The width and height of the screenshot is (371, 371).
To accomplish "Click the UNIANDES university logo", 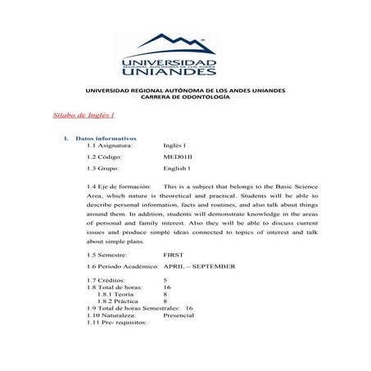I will point(170,55).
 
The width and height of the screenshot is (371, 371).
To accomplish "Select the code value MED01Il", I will point(179,156).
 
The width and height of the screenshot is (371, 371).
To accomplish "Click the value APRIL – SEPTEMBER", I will point(200,266).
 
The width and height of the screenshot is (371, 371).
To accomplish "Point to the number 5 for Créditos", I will point(165,280).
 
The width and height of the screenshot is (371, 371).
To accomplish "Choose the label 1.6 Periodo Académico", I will point(122,266).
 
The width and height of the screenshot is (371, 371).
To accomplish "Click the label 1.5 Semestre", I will point(111,255).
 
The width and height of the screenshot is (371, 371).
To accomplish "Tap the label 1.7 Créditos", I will point(109,280).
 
